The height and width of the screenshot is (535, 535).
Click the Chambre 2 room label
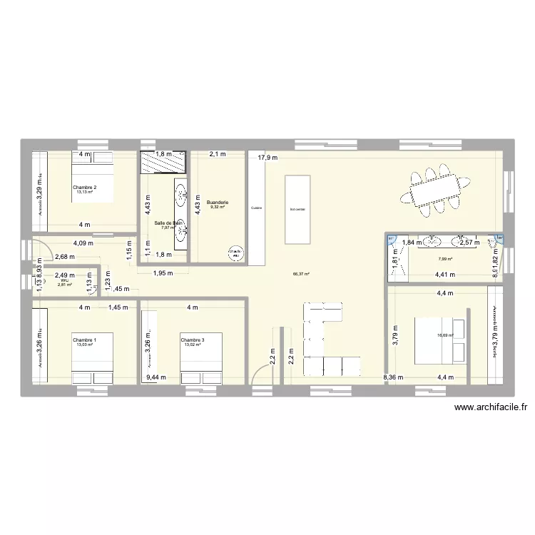pos(84,187)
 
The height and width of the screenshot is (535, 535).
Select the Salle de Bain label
pos(169,223)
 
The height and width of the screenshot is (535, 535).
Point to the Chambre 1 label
pos(84,340)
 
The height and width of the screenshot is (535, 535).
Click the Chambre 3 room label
pos(193,340)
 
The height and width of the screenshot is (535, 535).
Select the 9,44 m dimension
pos(154,378)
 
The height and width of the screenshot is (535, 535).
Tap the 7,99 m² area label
pos(442,258)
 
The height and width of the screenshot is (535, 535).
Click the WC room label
pos(64,280)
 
